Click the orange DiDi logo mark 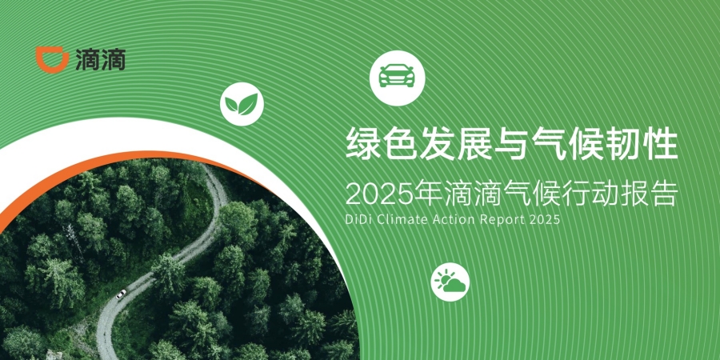[x=51, y=59]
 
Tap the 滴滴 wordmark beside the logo [x=101, y=60]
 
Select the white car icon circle [x=397, y=78]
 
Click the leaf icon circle [x=242, y=104]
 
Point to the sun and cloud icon [x=450, y=282]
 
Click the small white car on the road [x=121, y=294]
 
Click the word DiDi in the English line [x=356, y=219]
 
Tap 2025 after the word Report [x=545, y=219]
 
